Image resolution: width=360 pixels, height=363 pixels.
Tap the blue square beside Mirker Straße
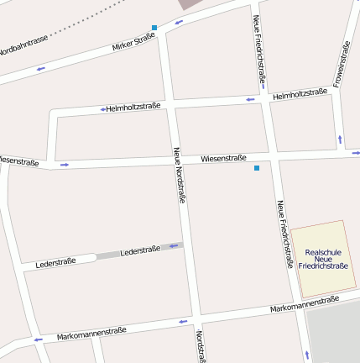154,28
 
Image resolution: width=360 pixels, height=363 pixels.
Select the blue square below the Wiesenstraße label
257,169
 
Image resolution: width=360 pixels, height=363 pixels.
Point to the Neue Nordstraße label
179,176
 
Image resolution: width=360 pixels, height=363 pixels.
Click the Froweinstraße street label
341,64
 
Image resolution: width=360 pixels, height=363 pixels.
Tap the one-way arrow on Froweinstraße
340,138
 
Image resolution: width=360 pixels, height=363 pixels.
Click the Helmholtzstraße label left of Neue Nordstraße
133,108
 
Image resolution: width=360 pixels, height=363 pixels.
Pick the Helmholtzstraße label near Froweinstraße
300,93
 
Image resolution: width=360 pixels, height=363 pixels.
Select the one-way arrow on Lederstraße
175,246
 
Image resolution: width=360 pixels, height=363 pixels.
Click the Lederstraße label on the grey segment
140,250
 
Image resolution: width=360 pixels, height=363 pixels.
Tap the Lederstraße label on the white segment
55,263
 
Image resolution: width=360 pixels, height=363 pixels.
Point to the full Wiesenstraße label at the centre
223,158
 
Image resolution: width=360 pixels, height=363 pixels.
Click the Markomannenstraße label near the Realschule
305,305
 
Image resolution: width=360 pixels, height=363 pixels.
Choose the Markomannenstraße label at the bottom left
91,334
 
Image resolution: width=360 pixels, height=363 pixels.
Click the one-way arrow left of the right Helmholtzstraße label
249,99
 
